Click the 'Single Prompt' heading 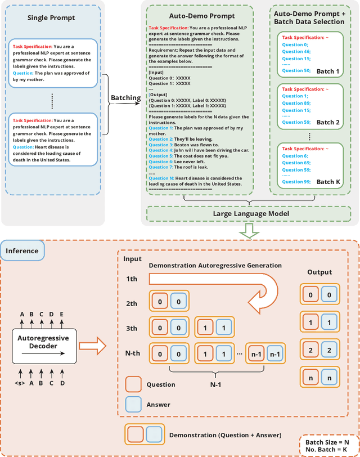tap(51, 18)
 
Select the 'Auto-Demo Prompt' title tap(194, 16)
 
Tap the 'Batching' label tap(126, 98)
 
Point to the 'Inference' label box tap(22, 251)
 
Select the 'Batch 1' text tap(328, 71)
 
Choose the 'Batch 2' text tap(328, 122)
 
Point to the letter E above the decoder tap(62, 315)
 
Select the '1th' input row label tap(131, 279)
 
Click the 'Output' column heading tap(319, 272)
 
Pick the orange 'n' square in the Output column tap(309, 377)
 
